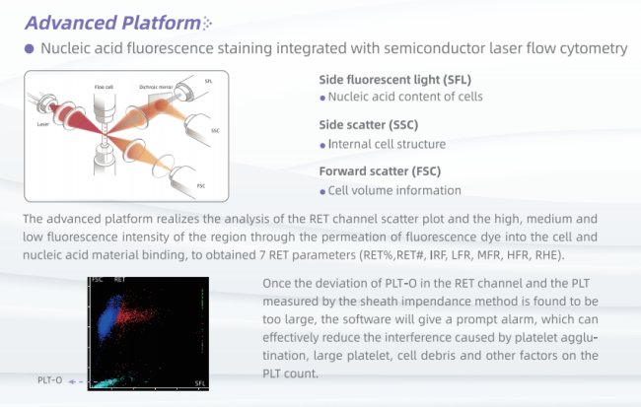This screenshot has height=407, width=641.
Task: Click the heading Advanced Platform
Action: coord(112,23)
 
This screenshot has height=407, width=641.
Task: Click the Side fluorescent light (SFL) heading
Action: coord(394,79)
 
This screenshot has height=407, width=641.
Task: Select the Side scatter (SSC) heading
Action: coord(369,124)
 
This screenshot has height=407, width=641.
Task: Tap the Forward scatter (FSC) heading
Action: coord(380,170)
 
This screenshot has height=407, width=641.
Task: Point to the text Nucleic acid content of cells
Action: coord(405,97)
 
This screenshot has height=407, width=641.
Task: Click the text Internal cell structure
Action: coord(387,144)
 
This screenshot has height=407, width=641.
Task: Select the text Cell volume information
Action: coord(394,190)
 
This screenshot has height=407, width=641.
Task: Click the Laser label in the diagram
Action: coord(43,124)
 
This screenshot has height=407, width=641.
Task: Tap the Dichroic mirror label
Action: coord(156,87)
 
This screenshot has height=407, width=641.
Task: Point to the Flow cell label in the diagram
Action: coord(104,87)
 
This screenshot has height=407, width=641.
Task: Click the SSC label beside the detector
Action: coord(215,131)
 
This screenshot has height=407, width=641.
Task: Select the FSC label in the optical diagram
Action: coord(201,186)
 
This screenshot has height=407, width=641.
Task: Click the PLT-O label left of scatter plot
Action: coord(50,380)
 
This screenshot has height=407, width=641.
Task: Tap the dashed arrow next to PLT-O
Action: coord(79,381)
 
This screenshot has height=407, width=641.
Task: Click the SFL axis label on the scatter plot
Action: coord(200,383)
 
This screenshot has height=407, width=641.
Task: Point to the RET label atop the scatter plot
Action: coord(119,280)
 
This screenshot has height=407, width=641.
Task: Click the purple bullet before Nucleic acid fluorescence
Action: coord(29,48)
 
